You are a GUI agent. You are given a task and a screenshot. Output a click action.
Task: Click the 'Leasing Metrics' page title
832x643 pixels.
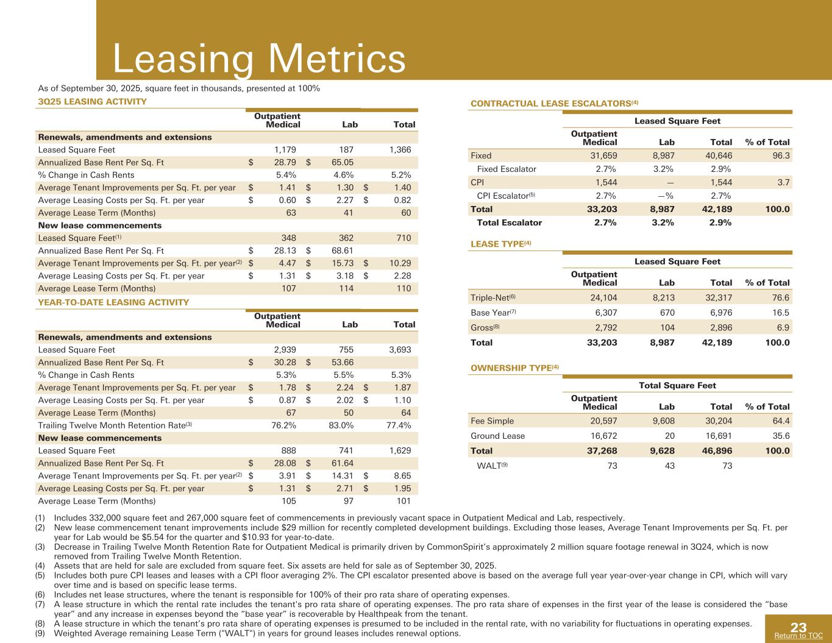259,60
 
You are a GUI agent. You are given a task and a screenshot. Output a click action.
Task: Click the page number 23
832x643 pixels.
798,628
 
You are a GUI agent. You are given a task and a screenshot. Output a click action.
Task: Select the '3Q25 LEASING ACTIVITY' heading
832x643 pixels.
92,101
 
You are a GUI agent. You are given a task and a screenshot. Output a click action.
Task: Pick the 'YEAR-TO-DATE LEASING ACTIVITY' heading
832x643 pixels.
113,302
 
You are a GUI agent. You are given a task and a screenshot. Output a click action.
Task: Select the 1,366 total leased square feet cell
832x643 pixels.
400,150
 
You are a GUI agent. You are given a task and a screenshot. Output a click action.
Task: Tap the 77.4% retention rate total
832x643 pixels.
397,425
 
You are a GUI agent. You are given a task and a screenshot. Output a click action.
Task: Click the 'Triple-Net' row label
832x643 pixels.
493,298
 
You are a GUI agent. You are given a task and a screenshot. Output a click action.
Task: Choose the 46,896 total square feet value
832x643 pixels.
717,451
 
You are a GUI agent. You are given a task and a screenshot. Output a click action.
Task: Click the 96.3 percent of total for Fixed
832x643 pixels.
780,155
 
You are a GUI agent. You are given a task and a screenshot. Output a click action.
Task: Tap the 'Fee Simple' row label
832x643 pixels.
492,421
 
